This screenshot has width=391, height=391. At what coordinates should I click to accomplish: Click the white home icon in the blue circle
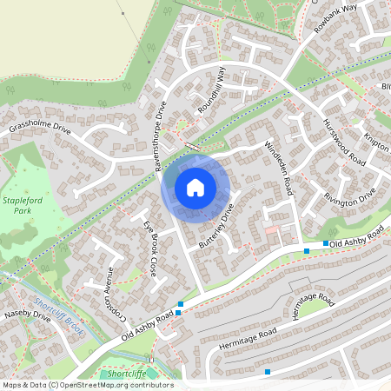tap(195, 187)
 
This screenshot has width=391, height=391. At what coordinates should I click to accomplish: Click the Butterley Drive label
tap(217, 222)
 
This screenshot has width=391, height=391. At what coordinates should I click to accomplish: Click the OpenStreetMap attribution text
tap(87, 385)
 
